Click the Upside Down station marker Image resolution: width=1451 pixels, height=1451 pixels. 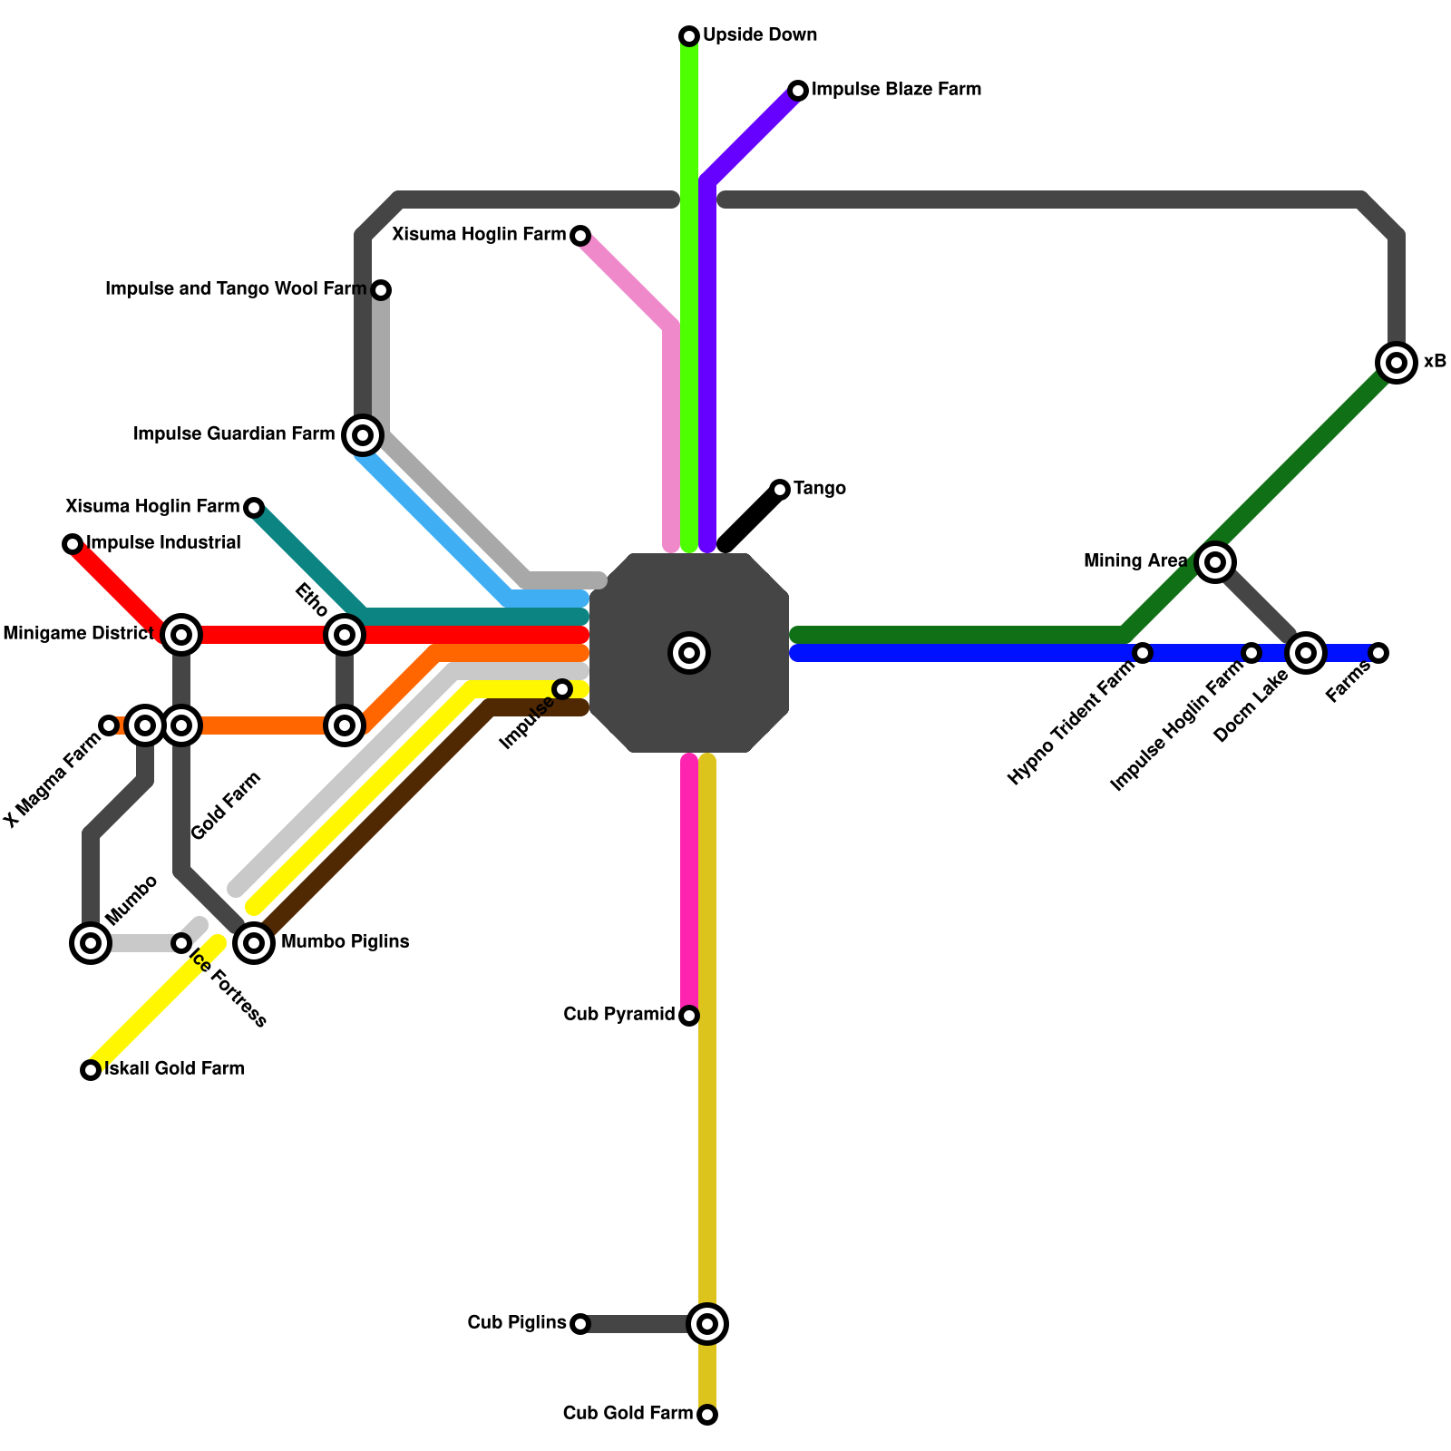(x=689, y=36)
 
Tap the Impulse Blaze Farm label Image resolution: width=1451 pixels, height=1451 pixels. (x=895, y=90)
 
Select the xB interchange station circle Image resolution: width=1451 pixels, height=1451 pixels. (x=1397, y=363)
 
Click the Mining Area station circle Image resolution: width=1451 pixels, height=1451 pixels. (x=1215, y=562)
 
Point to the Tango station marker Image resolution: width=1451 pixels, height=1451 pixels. (x=780, y=490)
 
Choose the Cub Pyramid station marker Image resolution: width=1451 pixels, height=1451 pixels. (x=689, y=1016)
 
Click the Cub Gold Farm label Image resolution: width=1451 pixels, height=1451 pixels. (x=628, y=1414)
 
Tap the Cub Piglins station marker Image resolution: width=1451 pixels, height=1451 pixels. (x=580, y=1324)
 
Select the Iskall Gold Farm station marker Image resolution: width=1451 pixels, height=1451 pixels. (x=91, y=1070)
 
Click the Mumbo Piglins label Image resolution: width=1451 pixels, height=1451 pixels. (x=345, y=942)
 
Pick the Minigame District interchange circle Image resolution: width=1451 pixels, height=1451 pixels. (x=181, y=635)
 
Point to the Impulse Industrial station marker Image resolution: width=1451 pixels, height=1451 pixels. (x=73, y=544)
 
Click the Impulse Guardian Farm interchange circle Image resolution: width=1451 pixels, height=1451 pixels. (x=363, y=435)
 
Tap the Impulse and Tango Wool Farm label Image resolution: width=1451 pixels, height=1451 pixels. (x=236, y=289)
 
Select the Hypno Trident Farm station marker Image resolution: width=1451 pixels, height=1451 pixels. (x=1143, y=653)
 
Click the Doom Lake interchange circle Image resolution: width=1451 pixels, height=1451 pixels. (x=1306, y=653)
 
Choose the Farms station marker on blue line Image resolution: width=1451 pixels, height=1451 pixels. (x=1378, y=653)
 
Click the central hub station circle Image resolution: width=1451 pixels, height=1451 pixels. (x=689, y=653)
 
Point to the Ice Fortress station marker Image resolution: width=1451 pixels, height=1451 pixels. (x=181, y=943)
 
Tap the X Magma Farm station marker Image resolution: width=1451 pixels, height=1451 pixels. (x=109, y=725)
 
